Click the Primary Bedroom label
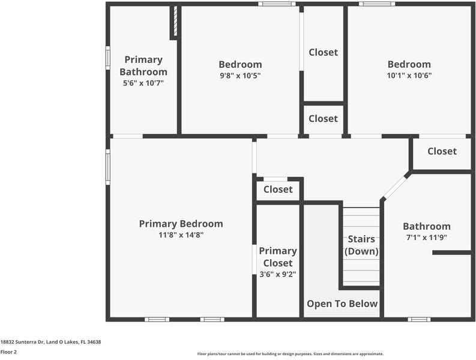181,224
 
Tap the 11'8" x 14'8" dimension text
181,235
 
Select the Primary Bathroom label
143,65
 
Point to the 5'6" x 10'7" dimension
143,83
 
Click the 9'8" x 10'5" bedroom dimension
240,75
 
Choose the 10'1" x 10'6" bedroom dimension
409,75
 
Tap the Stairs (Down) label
361,245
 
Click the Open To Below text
342,304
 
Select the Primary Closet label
278,257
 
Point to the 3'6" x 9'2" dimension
278,274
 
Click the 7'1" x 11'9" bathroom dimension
427,238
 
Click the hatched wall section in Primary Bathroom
175,20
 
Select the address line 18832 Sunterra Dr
50,342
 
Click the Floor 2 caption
8,352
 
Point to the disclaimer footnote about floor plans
291,354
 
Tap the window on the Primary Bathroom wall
108,58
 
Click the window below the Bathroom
419,319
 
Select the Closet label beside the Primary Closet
278,190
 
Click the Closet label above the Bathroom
442,151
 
